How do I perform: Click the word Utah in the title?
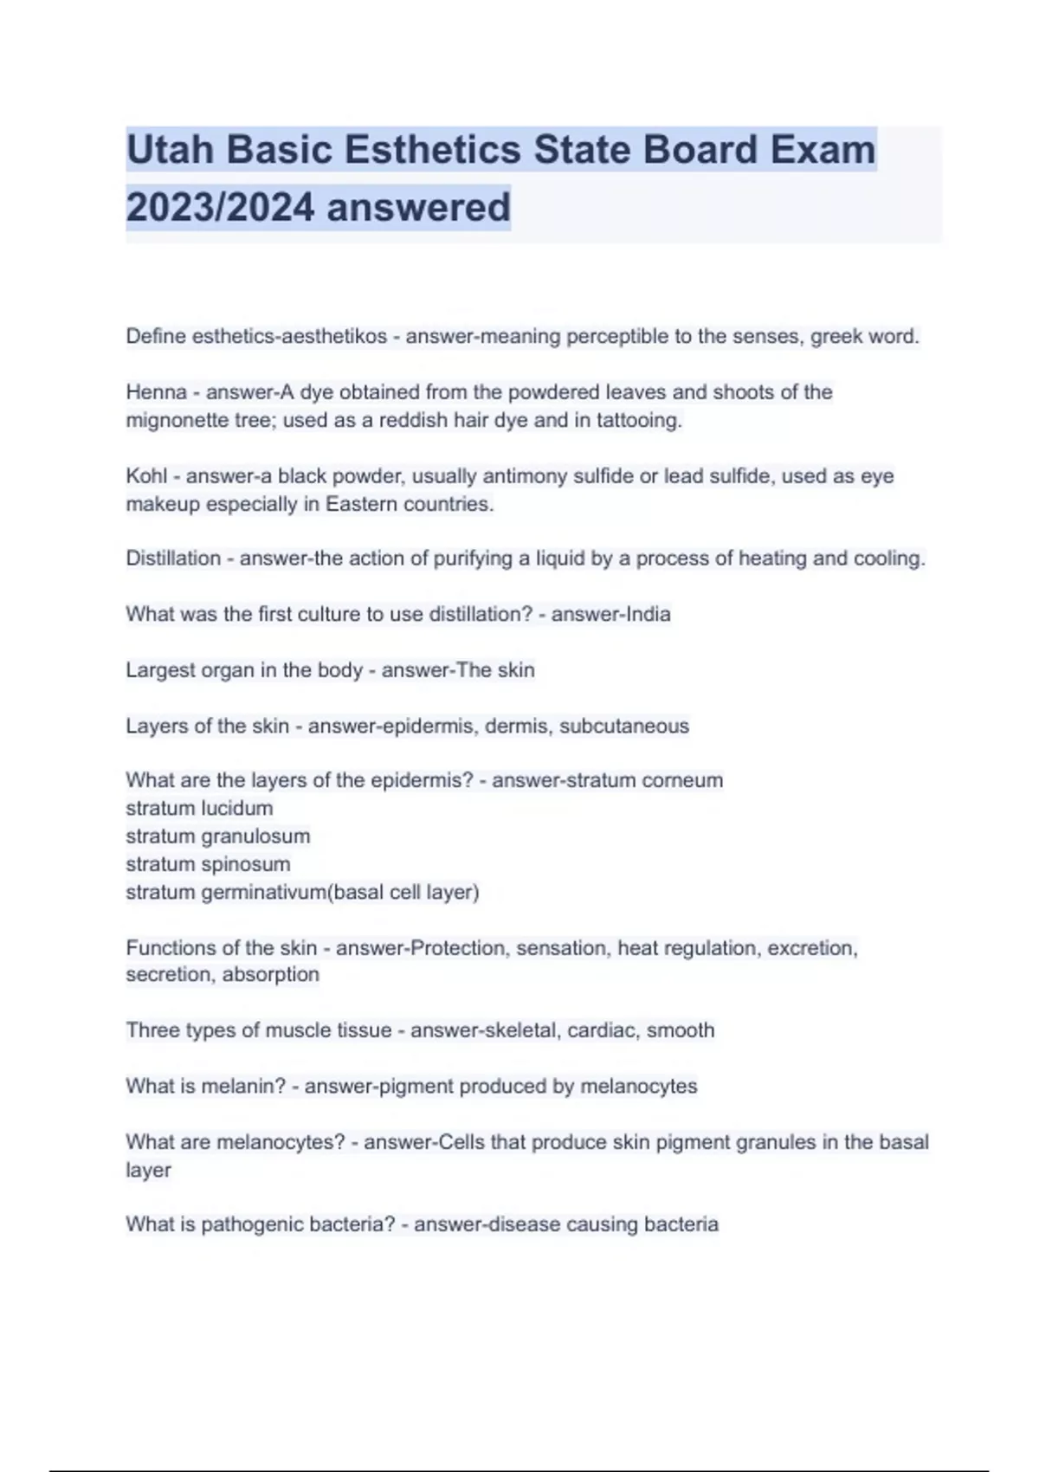[x=170, y=150]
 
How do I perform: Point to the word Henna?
[x=157, y=392]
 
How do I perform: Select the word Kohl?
[x=146, y=475]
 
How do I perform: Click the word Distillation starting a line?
[x=173, y=558]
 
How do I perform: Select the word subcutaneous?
[x=624, y=726]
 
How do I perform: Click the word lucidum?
[x=236, y=808]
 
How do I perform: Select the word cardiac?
[x=601, y=1030]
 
